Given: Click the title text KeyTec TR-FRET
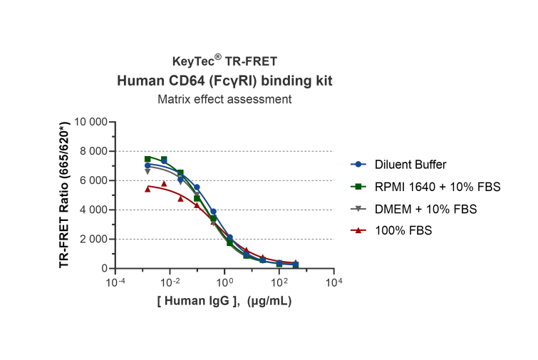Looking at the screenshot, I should [224, 62].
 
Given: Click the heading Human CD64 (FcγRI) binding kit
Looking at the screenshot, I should [224, 81].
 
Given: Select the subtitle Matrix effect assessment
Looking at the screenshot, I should [224, 100].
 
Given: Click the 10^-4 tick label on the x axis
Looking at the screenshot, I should [115, 282].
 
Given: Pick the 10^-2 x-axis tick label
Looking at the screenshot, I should [170, 282].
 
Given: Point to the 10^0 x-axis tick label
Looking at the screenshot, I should [225, 282].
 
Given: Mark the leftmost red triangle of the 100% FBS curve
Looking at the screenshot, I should [148, 189].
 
